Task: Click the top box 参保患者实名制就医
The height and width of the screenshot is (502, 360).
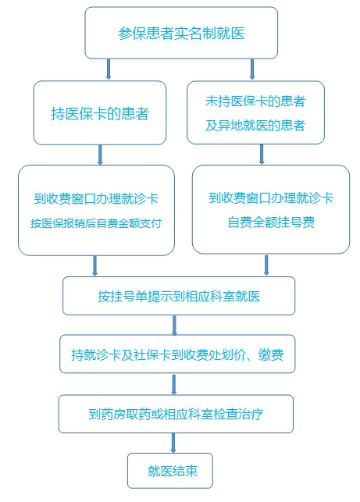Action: [181, 33]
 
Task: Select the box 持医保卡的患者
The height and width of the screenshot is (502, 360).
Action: [100, 112]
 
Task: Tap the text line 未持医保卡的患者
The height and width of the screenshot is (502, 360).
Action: [255, 101]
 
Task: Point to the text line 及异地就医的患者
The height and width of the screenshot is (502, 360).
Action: [255, 125]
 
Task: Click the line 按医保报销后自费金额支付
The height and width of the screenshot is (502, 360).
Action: [96, 223]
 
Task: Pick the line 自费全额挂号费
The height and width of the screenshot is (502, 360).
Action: [271, 223]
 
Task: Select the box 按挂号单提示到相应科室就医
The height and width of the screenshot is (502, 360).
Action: [179, 296]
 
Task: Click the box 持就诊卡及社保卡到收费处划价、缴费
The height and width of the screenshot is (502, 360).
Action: [177, 354]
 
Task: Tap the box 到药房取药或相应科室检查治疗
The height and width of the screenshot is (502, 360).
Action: [176, 414]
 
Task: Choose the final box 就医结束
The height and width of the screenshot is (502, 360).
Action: [170, 471]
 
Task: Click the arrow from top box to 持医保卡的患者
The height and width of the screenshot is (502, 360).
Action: [109, 69]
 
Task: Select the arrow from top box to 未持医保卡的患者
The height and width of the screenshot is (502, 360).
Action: [252, 69]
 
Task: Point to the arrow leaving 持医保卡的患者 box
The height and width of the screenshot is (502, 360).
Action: [100, 155]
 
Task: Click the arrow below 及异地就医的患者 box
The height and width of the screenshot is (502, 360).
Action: [262, 155]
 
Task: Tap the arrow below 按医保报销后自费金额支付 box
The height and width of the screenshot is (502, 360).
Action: [94, 265]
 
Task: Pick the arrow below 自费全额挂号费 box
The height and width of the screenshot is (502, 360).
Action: [266, 265]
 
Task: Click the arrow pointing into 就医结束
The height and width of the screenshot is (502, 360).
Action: [173, 443]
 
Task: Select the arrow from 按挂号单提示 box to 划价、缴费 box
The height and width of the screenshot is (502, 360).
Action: [174, 326]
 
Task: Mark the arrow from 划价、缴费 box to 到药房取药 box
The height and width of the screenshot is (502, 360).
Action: [174, 385]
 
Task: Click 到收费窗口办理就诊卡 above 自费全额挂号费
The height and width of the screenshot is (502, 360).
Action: [271, 198]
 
